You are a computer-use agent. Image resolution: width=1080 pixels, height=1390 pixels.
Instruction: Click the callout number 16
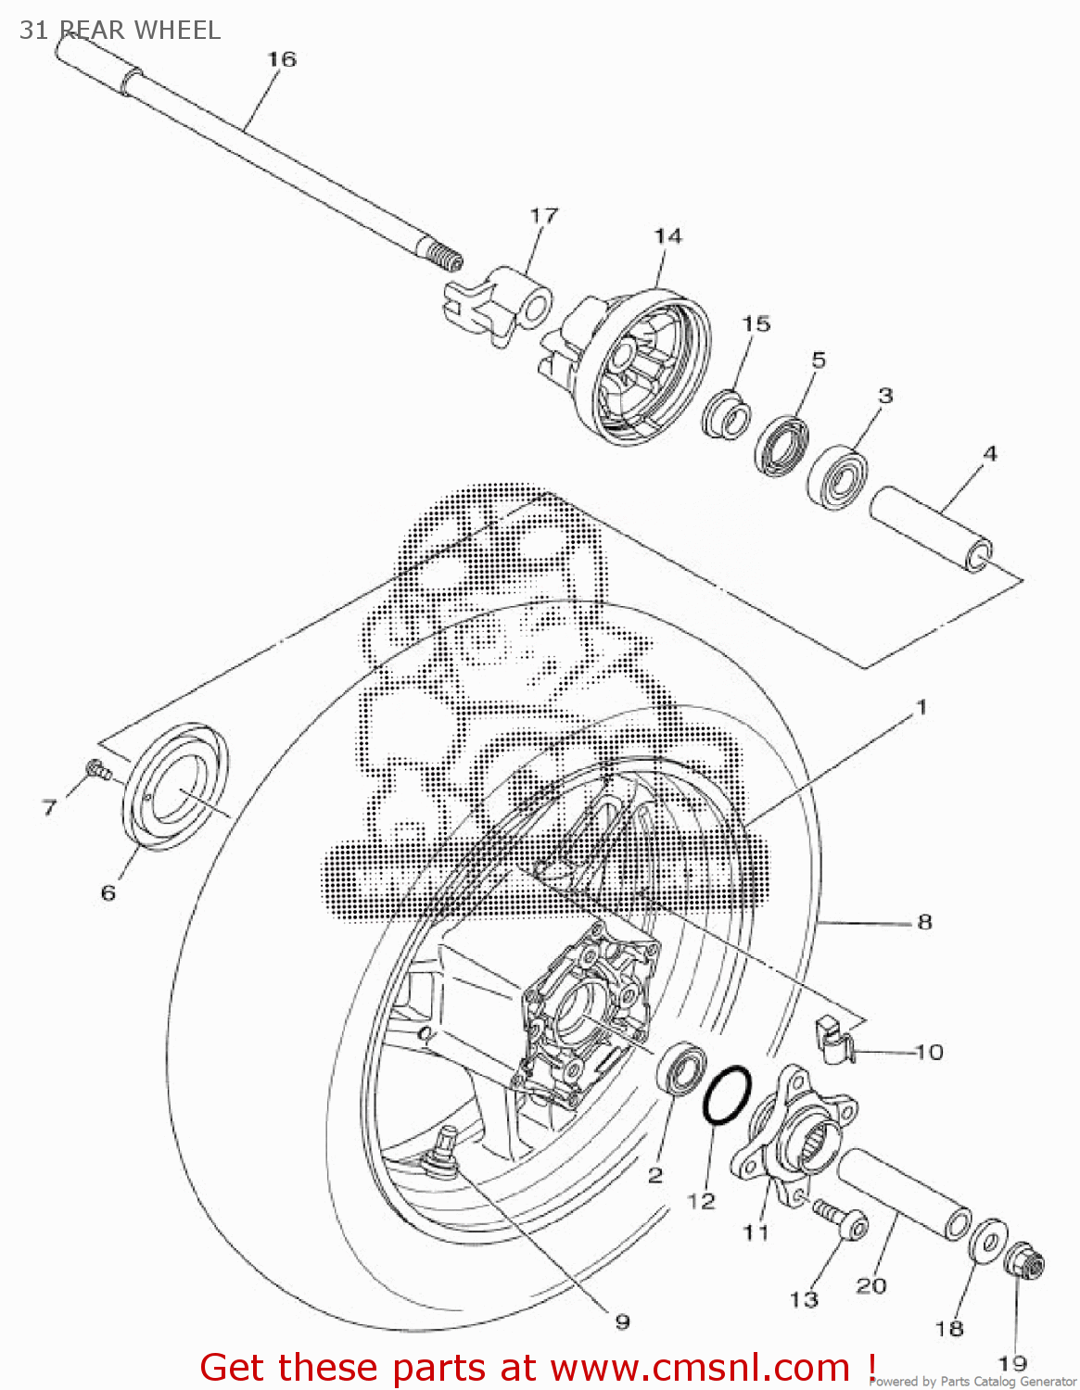pos(282,59)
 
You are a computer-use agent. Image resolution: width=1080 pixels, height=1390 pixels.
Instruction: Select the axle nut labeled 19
pos(1024,1261)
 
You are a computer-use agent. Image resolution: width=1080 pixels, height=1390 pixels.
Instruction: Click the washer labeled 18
pos(988,1240)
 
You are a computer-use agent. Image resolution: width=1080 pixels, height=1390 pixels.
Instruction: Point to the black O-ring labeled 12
pos(726,1094)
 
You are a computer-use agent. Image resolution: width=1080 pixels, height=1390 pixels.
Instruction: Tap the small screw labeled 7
pos(96,769)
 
